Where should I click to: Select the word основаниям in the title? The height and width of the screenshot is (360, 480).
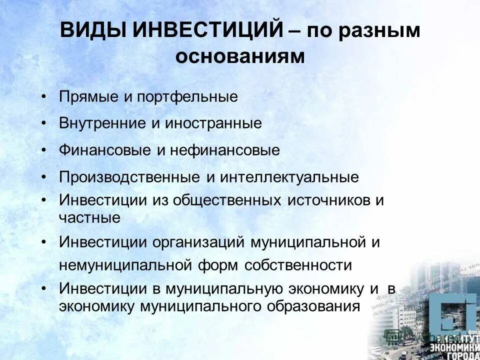(x=239, y=56)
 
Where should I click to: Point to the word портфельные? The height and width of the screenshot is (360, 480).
(x=185, y=96)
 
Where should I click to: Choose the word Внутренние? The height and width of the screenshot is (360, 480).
(x=102, y=123)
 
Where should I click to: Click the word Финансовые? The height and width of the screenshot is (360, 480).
(x=102, y=150)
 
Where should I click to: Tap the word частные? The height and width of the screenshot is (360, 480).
(x=89, y=217)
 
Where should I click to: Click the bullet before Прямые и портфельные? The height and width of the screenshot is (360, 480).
(x=45, y=96)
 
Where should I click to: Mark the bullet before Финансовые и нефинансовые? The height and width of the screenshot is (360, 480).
(x=45, y=150)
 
